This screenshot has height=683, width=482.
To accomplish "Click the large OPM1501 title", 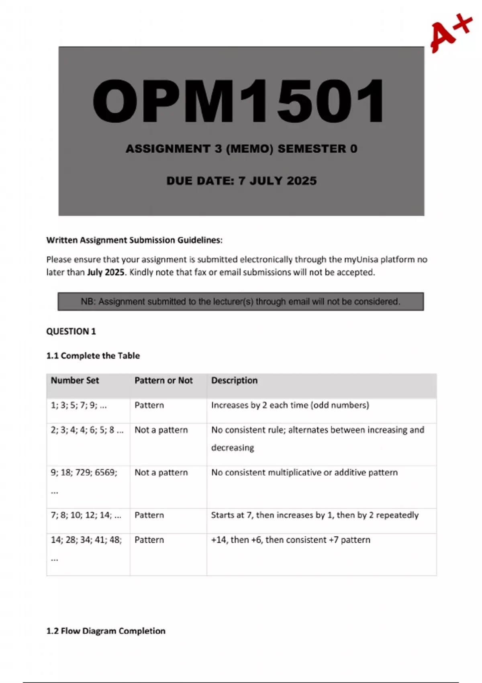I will point(239,101).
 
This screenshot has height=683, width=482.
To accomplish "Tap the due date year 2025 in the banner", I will point(302,181).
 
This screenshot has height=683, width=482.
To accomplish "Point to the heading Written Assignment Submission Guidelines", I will point(134,240).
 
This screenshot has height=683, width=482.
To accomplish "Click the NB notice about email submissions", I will point(241,302).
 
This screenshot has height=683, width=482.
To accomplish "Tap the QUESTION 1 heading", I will point(71,331).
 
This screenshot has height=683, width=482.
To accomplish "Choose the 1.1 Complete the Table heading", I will point(93,356).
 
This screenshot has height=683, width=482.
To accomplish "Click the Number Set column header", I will point(75,380).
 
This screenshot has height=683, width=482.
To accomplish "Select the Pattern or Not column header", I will point(163,380).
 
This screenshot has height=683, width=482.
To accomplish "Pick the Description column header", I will point(234,380).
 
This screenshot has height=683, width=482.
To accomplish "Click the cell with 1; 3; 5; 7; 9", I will point(79,405).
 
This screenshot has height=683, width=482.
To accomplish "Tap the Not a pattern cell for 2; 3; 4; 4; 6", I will point(161,430).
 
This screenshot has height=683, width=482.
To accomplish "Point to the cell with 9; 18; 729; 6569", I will point(84,472).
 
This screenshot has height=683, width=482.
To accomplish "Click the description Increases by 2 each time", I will point(290,405).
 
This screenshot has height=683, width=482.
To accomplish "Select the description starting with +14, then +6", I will point(291,540).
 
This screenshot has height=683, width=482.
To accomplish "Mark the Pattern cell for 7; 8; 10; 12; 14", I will point(149,515).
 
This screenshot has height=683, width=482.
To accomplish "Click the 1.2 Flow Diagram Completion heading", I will point(106,631).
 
